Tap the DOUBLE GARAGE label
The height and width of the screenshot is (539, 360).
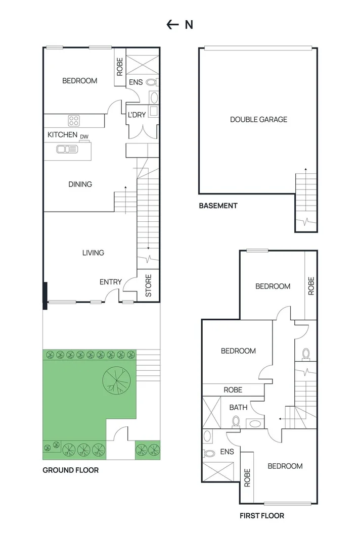[258, 120]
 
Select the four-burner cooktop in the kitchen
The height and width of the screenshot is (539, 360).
[74, 121]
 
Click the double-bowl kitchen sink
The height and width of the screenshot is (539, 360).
[67, 149]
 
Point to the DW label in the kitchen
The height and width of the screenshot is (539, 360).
[84, 136]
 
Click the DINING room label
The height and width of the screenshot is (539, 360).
[80, 184]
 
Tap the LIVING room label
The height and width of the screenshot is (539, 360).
[93, 253]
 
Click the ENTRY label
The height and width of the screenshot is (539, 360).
[110, 282]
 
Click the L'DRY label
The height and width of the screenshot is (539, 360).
[137, 115]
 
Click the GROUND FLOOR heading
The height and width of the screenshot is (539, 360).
[70, 470]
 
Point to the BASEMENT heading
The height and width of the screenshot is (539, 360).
[218, 206]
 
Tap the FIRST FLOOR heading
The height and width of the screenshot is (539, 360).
[261, 516]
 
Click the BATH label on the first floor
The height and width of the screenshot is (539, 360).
[238, 407]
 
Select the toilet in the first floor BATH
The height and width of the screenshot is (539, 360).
[235, 421]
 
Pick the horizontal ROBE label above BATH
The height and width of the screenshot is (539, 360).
[233, 390]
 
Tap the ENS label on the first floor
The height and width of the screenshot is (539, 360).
[227, 452]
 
